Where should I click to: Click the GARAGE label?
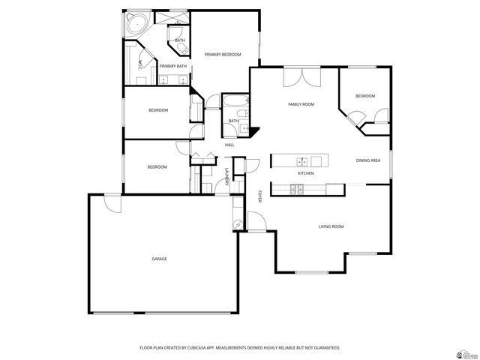[x=159, y=259]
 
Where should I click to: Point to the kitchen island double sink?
[x=301, y=160]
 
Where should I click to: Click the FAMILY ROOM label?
[x=301, y=104]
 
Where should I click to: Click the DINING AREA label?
[x=367, y=160]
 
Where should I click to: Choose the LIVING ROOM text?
[x=331, y=226]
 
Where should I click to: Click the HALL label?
[x=229, y=145]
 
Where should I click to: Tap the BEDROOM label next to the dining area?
[x=364, y=96]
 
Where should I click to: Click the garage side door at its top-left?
[x=112, y=201]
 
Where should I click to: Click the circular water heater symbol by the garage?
[x=238, y=223]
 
